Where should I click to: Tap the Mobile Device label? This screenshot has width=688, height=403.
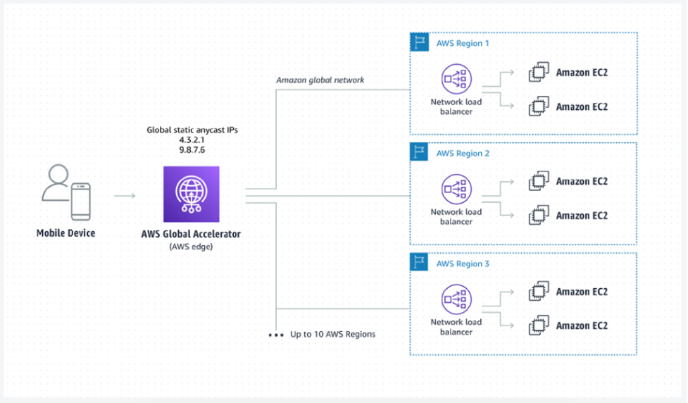point(65,232)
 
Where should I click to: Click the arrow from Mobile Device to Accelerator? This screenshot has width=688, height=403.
point(125,195)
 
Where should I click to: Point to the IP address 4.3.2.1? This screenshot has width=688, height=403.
point(192,140)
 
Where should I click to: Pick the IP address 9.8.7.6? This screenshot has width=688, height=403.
point(192,150)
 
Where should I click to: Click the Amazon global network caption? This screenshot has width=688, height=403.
point(320,80)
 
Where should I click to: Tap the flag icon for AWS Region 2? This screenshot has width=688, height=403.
point(419,152)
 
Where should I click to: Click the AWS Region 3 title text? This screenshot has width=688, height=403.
point(463,264)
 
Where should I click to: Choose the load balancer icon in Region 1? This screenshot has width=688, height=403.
point(456,80)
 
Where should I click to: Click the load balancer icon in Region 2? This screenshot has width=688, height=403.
point(456,190)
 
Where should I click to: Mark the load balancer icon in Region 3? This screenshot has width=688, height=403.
point(456,300)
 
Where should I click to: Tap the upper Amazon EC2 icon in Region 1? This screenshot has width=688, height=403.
point(539,73)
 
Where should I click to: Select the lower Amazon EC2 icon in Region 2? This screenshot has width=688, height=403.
point(539,215)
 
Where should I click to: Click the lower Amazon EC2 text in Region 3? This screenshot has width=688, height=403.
point(582,325)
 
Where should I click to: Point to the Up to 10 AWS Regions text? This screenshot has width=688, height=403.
point(332,334)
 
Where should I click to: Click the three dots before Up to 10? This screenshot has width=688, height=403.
point(275,335)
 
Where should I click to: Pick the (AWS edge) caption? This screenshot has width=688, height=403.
point(191,246)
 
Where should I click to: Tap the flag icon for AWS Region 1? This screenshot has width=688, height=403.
point(419,42)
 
